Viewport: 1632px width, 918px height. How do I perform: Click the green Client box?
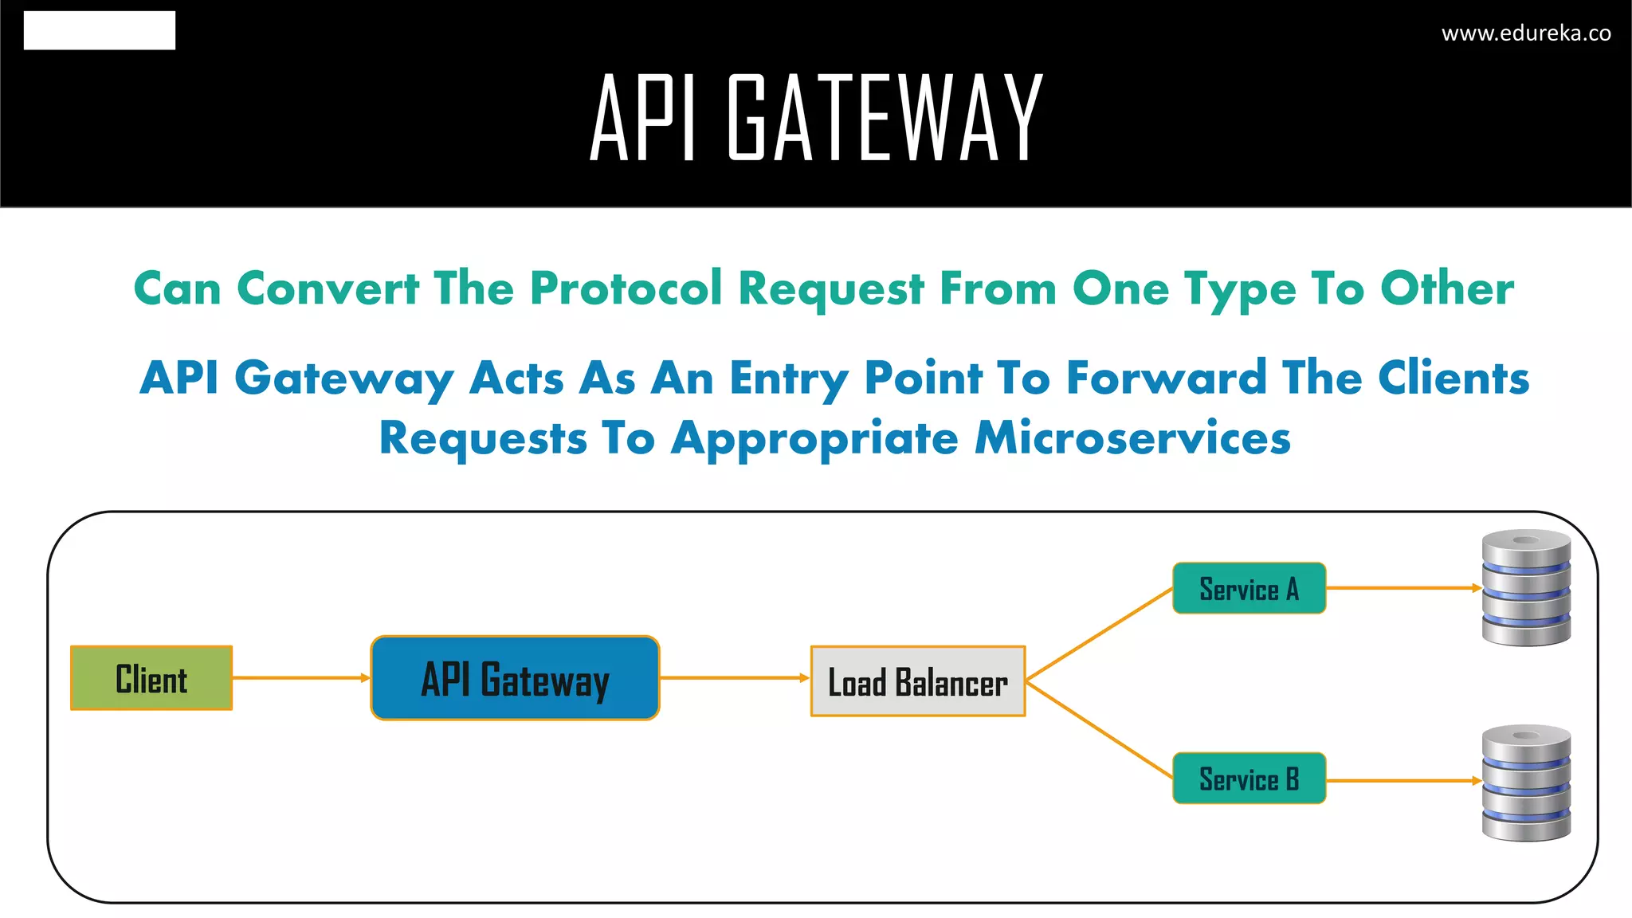click(x=151, y=678)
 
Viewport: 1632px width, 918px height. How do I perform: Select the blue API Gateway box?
click(x=515, y=678)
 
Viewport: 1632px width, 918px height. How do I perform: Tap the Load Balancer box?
click(x=918, y=681)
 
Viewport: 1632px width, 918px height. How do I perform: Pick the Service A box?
click(x=1249, y=589)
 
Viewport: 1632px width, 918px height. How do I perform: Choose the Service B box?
click(x=1249, y=779)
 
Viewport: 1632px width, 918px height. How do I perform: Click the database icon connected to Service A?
click(x=1526, y=587)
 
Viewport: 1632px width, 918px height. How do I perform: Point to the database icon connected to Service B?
click(x=1526, y=783)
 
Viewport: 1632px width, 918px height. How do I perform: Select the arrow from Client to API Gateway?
click(x=301, y=678)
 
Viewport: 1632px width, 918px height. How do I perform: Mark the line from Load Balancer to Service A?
click(x=1100, y=634)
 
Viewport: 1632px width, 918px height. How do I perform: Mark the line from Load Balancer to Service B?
click(x=1100, y=729)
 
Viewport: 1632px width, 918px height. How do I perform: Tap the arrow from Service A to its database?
click(x=1402, y=588)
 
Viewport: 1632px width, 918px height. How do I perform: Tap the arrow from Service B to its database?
click(x=1402, y=781)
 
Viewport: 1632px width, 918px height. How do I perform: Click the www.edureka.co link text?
click(x=1526, y=33)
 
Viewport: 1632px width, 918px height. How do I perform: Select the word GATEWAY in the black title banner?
click(x=885, y=118)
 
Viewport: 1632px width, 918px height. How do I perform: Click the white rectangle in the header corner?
click(x=100, y=30)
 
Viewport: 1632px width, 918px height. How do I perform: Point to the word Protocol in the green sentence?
click(x=626, y=288)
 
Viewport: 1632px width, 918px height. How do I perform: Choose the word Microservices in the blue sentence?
click(x=1132, y=438)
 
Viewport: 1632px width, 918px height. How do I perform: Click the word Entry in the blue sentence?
click(x=789, y=379)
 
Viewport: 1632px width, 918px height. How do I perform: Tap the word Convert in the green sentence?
click(x=328, y=288)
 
